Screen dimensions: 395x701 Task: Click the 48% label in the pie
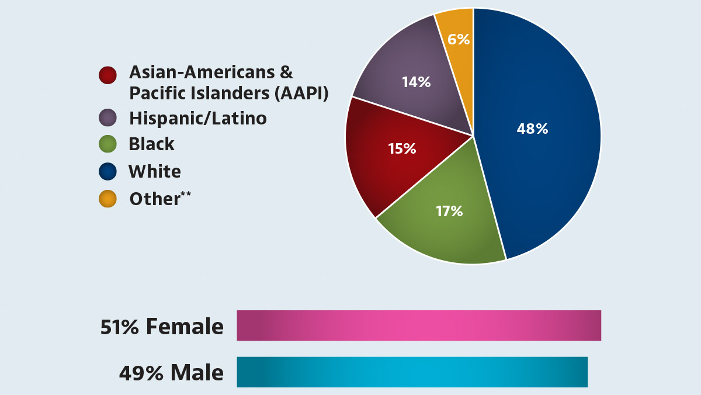(x=532, y=129)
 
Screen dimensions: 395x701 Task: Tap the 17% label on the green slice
(x=449, y=211)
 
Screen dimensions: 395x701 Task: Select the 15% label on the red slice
(x=402, y=149)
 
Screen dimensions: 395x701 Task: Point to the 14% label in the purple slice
(x=416, y=82)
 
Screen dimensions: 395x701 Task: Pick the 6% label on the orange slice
(x=459, y=39)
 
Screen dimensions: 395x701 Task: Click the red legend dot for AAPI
(x=107, y=75)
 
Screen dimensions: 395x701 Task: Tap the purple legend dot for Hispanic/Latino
(x=107, y=118)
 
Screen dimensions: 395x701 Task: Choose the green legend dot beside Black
(x=107, y=144)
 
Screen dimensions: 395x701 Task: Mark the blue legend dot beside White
(x=107, y=172)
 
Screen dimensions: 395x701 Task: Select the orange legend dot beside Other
(x=107, y=199)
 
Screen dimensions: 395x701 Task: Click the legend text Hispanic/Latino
(x=197, y=119)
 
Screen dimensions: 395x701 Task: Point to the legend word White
(x=154, y=172)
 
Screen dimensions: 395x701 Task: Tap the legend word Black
(x=151, y=144)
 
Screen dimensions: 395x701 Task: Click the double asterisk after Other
(x=186, y=194)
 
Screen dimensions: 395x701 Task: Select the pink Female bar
(x=418, y=325)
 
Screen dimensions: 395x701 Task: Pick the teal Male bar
(x=412, y=372)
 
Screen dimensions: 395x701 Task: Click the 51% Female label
(x=162, y=327)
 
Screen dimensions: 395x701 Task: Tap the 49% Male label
(x=171, y=373)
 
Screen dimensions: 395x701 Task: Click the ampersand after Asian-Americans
(x=286, y=72)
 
